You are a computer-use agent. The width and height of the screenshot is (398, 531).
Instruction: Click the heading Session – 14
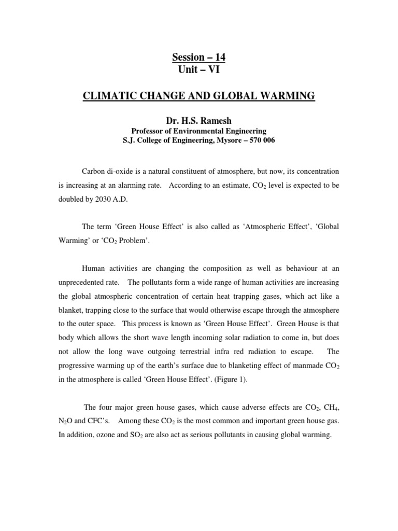tap(198, 57)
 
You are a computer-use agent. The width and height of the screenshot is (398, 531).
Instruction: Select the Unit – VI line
tap(198, 69)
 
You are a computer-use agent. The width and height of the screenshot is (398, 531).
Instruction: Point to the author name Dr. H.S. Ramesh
tap(198, 121)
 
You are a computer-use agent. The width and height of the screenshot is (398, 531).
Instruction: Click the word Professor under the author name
tap(147, 131)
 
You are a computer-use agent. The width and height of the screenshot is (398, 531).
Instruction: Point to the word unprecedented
tap(82, 282)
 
